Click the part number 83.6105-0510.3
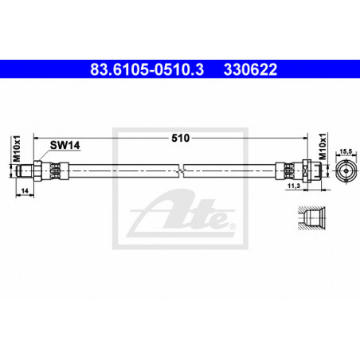click(147, 69)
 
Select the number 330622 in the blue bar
click(250, 69)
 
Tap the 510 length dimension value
click(181, 138)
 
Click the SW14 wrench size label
click(65, 145)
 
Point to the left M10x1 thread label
click(17, 149)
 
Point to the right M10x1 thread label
click(322, 147)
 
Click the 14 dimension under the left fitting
click(25, 191)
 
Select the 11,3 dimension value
click(294, 186)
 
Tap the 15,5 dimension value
click(346, 151)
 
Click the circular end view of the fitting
click(346, 170)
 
